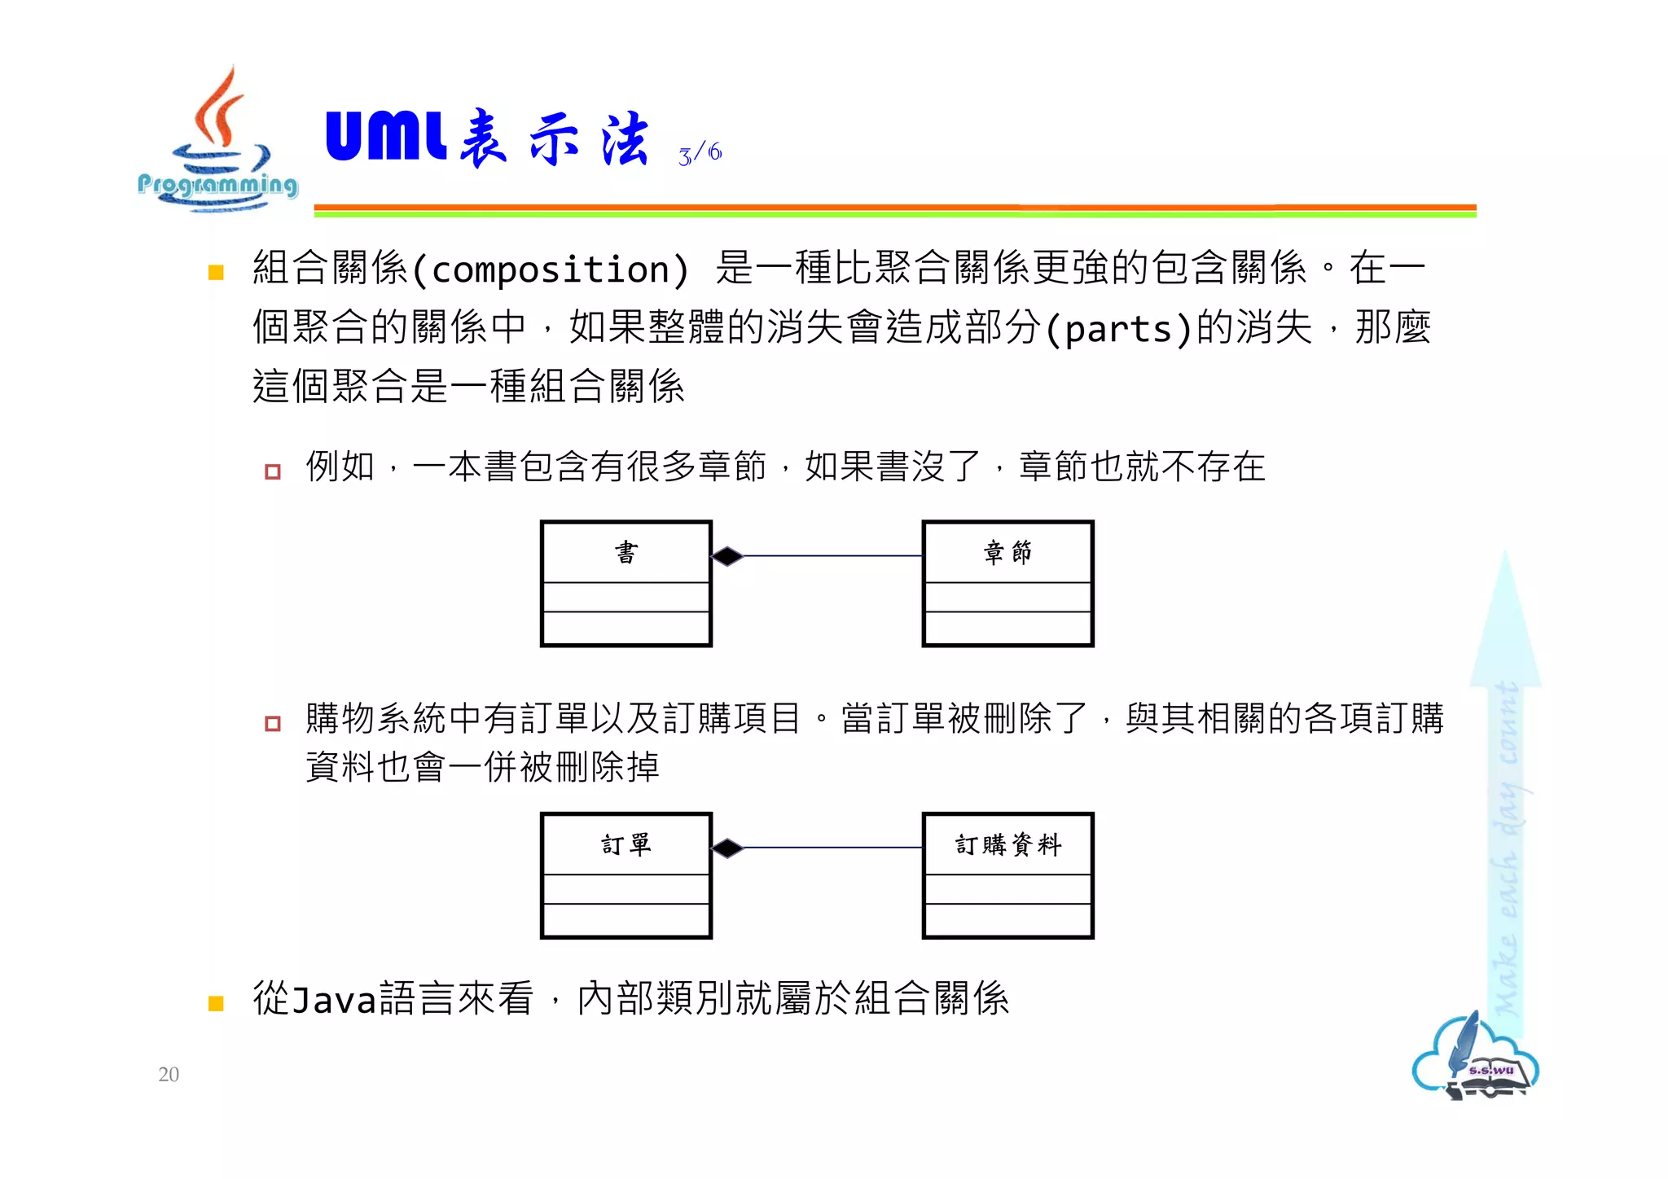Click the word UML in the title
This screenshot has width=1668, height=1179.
pyautogui.click(x=385, y=136)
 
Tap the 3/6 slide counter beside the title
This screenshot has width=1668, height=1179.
pyautogui.click(x=700, y=152)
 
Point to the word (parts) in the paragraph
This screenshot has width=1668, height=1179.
pyautogui.click(x=1118, y=329)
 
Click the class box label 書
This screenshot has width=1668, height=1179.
pyautogui.click(x=625, y=553)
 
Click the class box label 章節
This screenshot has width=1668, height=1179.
pyautogui.click(x=1007, y=553)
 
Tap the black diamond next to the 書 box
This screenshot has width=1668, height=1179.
pyautogui.click(x=727, y=556)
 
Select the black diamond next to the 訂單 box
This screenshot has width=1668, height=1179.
pyautogui.click(x=727, y=848)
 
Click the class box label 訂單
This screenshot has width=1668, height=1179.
pyautogui.click(x=625, y=844)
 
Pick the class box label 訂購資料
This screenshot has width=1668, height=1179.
pyautogui.click(x=1007, y=844)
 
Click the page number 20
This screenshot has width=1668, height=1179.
pyautogui.click(x=169, y=1074)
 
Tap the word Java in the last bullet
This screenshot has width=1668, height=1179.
pyautogui.click(x=335, y=1000)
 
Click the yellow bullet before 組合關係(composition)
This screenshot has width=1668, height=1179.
pyautogui.click(x=216, y=272)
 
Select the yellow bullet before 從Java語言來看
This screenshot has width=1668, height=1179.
pyautogui.click(x=216, y=1003)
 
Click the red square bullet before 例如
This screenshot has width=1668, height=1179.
pyautogui.click(x=273, y=471)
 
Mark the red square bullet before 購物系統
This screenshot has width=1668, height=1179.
pyautogui.click(x=273, y=723)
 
